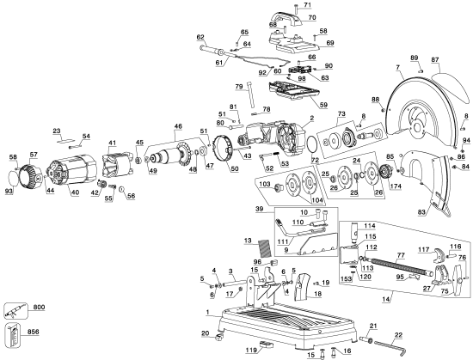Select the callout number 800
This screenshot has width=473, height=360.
point(40,307)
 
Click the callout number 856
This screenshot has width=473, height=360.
point(40,331)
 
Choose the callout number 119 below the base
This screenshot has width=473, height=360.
point(250,351)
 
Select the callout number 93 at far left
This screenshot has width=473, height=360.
point(9,190)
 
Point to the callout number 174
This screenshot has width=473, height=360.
point(396,185)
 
